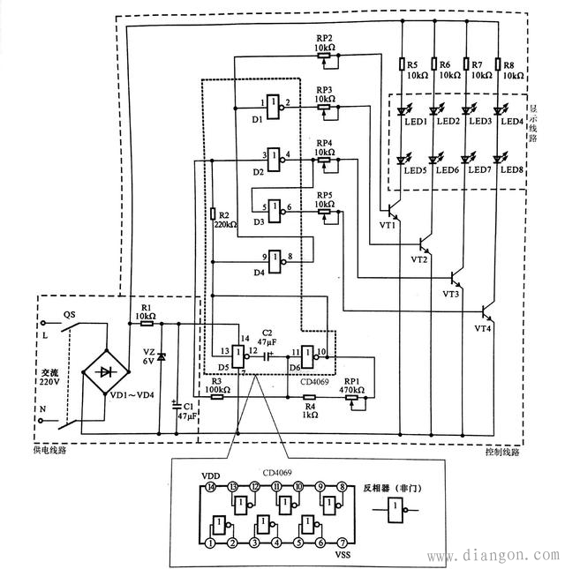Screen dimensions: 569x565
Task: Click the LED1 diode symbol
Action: click(x=403, y=111)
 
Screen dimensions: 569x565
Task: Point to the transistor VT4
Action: click(x=486, y=312)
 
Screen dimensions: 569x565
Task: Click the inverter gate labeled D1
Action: click(x=273, y=104)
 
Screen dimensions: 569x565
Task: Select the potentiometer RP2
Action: click(x=324, y=56)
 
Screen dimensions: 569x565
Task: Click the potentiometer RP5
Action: click(x=324, y=211)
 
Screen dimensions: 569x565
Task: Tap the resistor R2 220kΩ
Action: click(x=213, y=213)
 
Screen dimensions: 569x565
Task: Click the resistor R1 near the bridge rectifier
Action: click(x=146, y=325)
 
